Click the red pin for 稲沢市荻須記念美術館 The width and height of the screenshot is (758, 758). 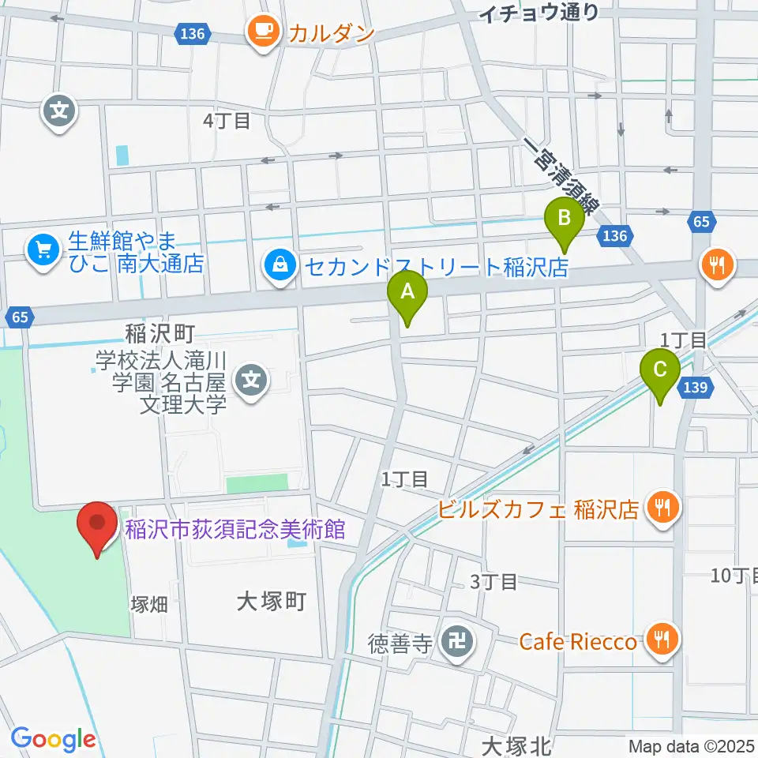97,526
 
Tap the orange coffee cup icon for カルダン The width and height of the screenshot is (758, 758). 261,32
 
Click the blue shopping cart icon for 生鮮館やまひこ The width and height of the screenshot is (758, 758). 43,251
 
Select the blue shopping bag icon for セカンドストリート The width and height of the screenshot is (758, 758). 280,266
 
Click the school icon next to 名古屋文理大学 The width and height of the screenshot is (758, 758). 252,381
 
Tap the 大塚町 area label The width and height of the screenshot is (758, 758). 271,602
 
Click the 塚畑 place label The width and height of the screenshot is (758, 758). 148,605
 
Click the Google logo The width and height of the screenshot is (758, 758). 53,739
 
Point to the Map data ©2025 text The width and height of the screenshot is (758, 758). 692,745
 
